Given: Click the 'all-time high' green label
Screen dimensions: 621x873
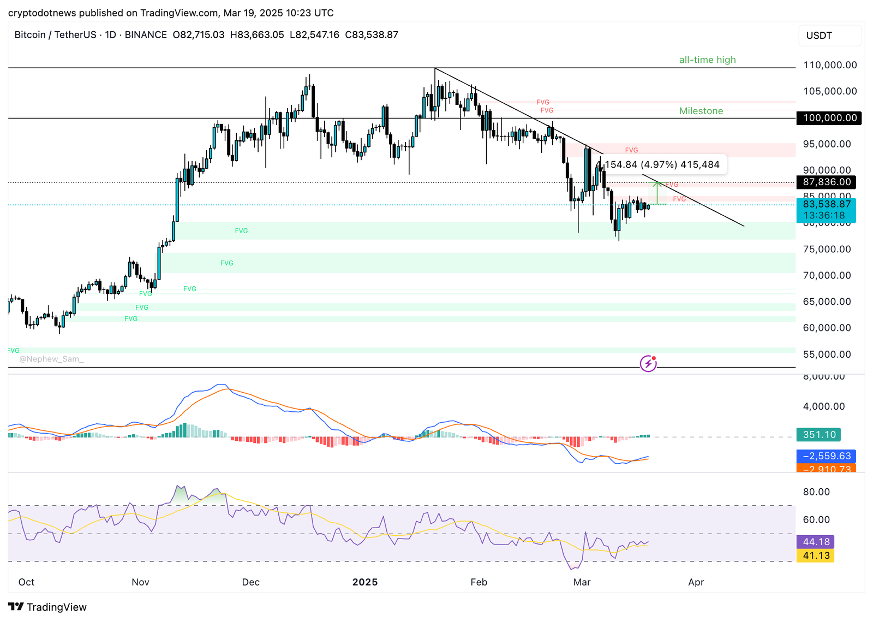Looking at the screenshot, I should point(707,60).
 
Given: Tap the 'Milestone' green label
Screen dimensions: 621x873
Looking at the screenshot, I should point(701,111).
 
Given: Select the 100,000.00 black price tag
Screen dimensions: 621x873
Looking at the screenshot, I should point(829,118).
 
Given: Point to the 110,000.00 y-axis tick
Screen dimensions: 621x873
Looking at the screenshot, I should point(830,65).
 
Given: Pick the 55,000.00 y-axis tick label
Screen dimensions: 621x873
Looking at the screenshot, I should point(827,354).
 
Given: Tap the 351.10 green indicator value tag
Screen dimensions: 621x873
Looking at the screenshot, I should point(818,435).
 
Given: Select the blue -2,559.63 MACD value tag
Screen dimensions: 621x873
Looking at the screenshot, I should point(826,456).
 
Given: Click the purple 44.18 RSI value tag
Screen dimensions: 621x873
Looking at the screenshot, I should point(815,542).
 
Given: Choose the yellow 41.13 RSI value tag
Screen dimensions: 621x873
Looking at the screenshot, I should point(815,555).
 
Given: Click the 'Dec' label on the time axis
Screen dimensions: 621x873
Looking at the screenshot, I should point(250,582).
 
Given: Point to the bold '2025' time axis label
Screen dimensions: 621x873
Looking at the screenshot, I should point(365,582).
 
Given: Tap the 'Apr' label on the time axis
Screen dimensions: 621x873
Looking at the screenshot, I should point(696,582).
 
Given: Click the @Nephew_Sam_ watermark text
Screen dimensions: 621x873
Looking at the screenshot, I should point(51,359).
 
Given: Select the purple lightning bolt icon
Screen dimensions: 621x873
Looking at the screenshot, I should point(648,363).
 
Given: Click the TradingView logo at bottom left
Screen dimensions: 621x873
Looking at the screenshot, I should point(47,607).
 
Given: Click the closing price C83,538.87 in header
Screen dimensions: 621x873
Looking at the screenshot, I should point(372,35).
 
